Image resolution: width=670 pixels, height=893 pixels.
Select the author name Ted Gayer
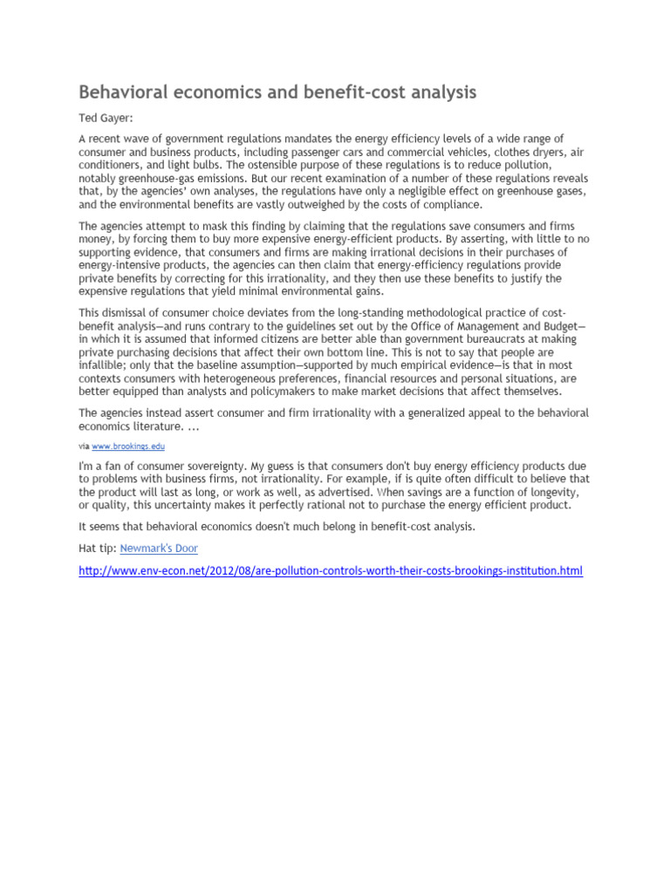[107, 119]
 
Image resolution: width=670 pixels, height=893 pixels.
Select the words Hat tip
[97, 549]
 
